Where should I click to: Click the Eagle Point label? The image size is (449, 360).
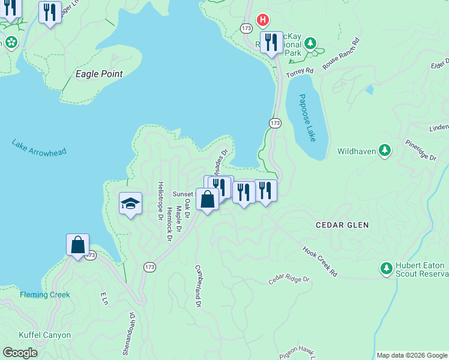tap(99, 74)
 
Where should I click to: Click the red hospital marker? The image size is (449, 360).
tap(262, 20)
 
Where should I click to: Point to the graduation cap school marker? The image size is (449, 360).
tap(130, 203)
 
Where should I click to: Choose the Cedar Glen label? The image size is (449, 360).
tap(342, 224)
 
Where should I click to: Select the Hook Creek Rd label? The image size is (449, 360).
tap(320, 261)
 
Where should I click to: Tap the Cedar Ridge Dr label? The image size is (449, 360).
tap(288, 279)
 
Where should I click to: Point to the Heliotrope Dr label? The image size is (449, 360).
tap(160, 201)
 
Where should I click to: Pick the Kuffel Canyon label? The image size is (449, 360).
tap(44, 335)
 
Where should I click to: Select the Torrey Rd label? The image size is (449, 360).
tap(300, 71)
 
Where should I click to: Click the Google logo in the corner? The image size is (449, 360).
tap(20, 353)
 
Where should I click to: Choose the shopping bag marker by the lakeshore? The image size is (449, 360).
tap(77, 245)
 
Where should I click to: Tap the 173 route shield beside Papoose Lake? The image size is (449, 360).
tap(275, 123)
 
